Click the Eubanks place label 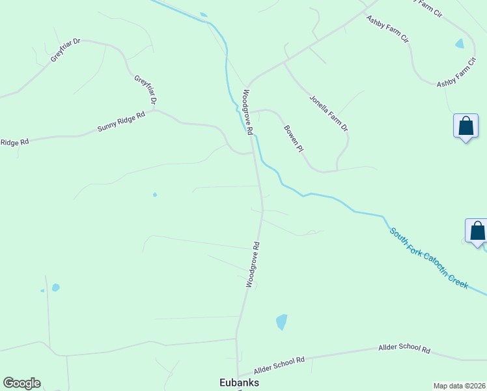pos(238,383)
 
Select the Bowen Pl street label pos(294,138)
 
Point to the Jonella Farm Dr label pos(329,113)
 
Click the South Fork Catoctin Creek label pos(428,258)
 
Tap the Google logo pos(21,383)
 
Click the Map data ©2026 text pos(459,386)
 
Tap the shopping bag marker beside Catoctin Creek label pos(477,231)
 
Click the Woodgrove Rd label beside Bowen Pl pos(247,111)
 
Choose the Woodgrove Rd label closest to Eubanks pos(253,265)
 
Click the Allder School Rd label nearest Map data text pos(404,349)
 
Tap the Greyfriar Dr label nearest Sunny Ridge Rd pos(146,90)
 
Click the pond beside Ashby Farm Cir pos(460,44)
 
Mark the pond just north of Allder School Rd pos(281,321)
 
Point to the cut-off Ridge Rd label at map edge pos(14,142)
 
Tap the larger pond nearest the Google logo pos(56,287)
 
